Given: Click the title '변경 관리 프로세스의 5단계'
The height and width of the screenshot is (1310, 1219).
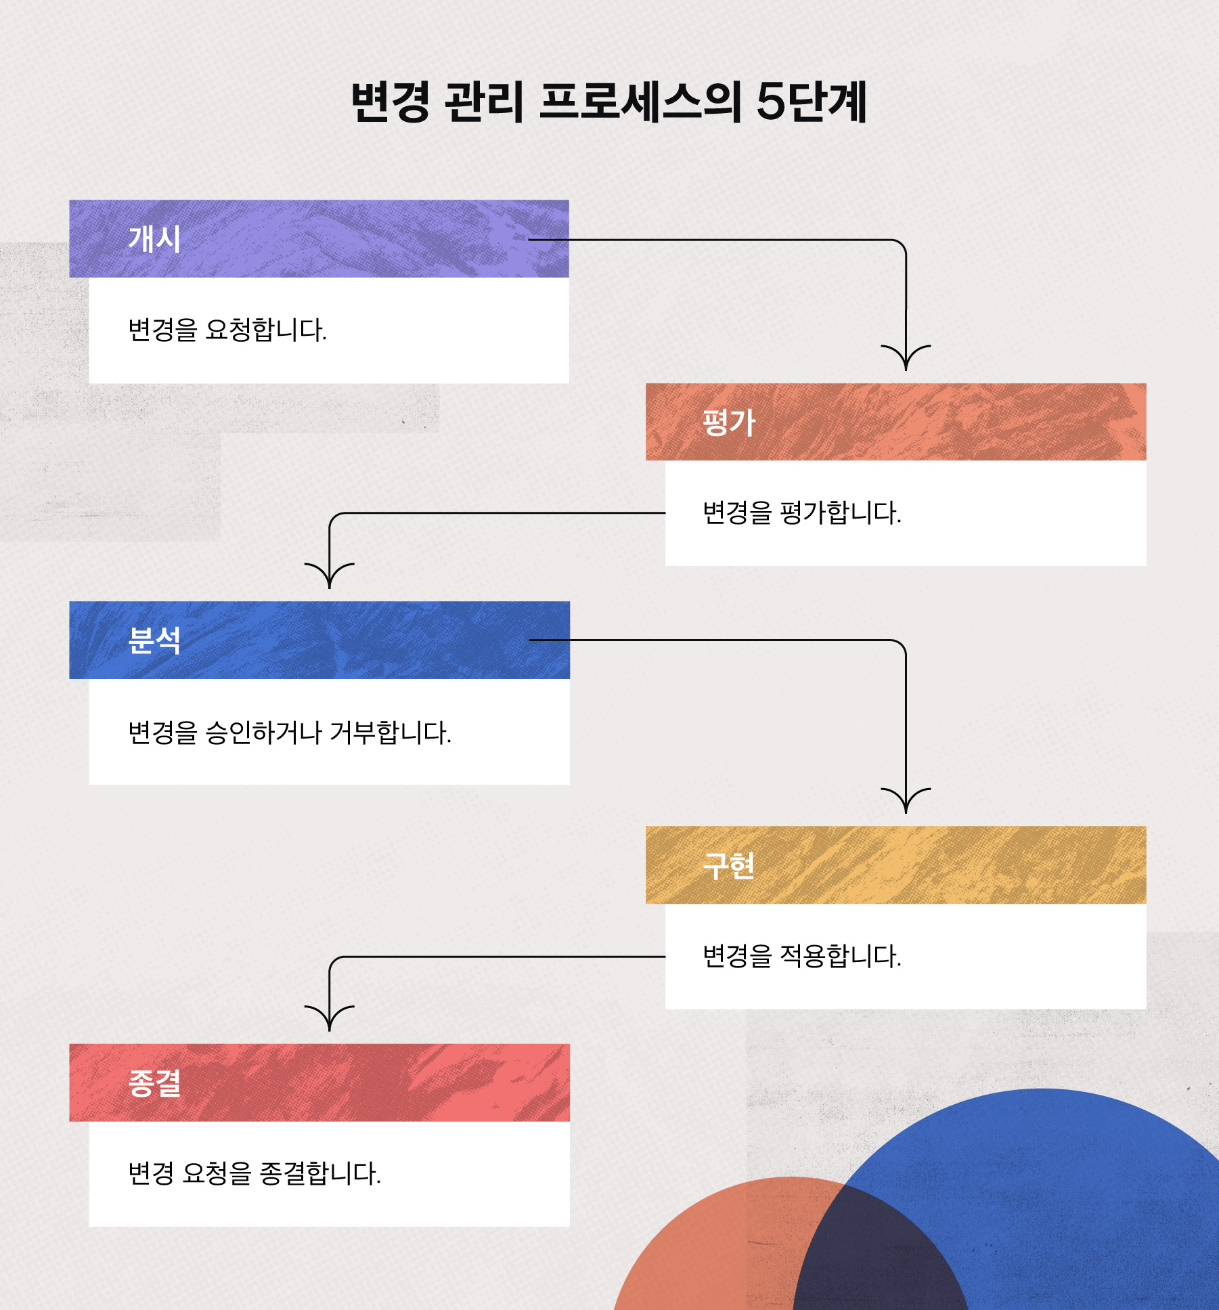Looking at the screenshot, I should [x=608, y=102].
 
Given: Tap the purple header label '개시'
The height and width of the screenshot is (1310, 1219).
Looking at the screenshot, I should [x=154, y=239].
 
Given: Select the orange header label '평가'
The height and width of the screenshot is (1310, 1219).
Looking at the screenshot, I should [x=728, y=422].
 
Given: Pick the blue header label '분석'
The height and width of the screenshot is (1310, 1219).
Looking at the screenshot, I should [x=154, y=640].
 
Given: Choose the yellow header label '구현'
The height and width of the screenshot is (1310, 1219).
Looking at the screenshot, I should [x=728, y=865].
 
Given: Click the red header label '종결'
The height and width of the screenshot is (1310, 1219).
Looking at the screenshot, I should [x=154, y=1083].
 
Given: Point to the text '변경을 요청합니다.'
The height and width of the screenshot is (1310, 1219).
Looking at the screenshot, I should [x=227, y=330].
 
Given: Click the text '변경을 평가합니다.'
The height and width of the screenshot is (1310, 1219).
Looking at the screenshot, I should [x=802, y=513].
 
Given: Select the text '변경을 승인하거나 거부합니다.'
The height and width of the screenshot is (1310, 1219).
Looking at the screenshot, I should [x=290, y=733].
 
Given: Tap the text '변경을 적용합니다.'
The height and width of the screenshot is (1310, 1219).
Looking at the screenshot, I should [x=802, y=956].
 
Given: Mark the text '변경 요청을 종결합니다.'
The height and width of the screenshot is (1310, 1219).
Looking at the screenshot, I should [x=254, y=1173].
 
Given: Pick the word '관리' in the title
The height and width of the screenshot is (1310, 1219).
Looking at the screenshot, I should [x=484, y=102].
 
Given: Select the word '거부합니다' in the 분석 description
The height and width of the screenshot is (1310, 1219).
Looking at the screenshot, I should [x=391, y=733].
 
